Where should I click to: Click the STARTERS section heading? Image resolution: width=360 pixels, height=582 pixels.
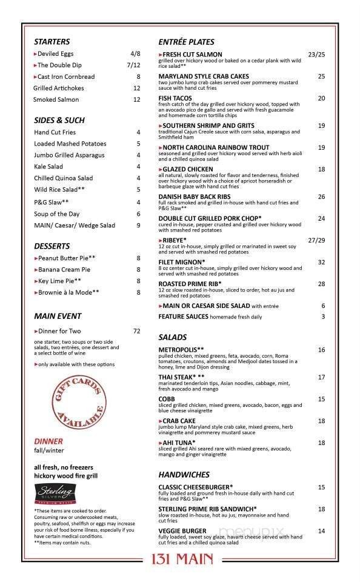pos(52,42)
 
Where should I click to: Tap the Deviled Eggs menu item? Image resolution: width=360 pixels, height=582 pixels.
pos(56,54)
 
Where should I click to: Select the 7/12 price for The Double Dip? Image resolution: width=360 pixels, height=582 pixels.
pos(133,65)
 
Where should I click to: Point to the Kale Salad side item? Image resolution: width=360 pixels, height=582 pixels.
pos(48,167)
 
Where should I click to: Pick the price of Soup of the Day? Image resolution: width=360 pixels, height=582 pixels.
pos(138,214)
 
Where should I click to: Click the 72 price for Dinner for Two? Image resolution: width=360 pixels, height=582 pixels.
pos(136,331)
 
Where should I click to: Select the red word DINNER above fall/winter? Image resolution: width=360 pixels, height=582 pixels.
pos(48,441)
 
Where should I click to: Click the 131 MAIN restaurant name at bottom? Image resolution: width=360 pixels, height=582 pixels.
pos(179,558)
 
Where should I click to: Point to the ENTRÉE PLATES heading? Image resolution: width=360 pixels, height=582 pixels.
pos(186,42)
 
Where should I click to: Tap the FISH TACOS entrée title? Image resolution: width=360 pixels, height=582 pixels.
pos(175,98)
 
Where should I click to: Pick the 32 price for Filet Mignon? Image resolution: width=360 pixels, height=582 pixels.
pos(321,263)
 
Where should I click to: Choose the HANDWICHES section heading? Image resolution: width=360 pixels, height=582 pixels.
pos(184,475)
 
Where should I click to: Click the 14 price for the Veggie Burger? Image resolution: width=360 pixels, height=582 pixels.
pos(321,532)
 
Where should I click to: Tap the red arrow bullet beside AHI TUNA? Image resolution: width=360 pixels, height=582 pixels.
pos(160,443)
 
